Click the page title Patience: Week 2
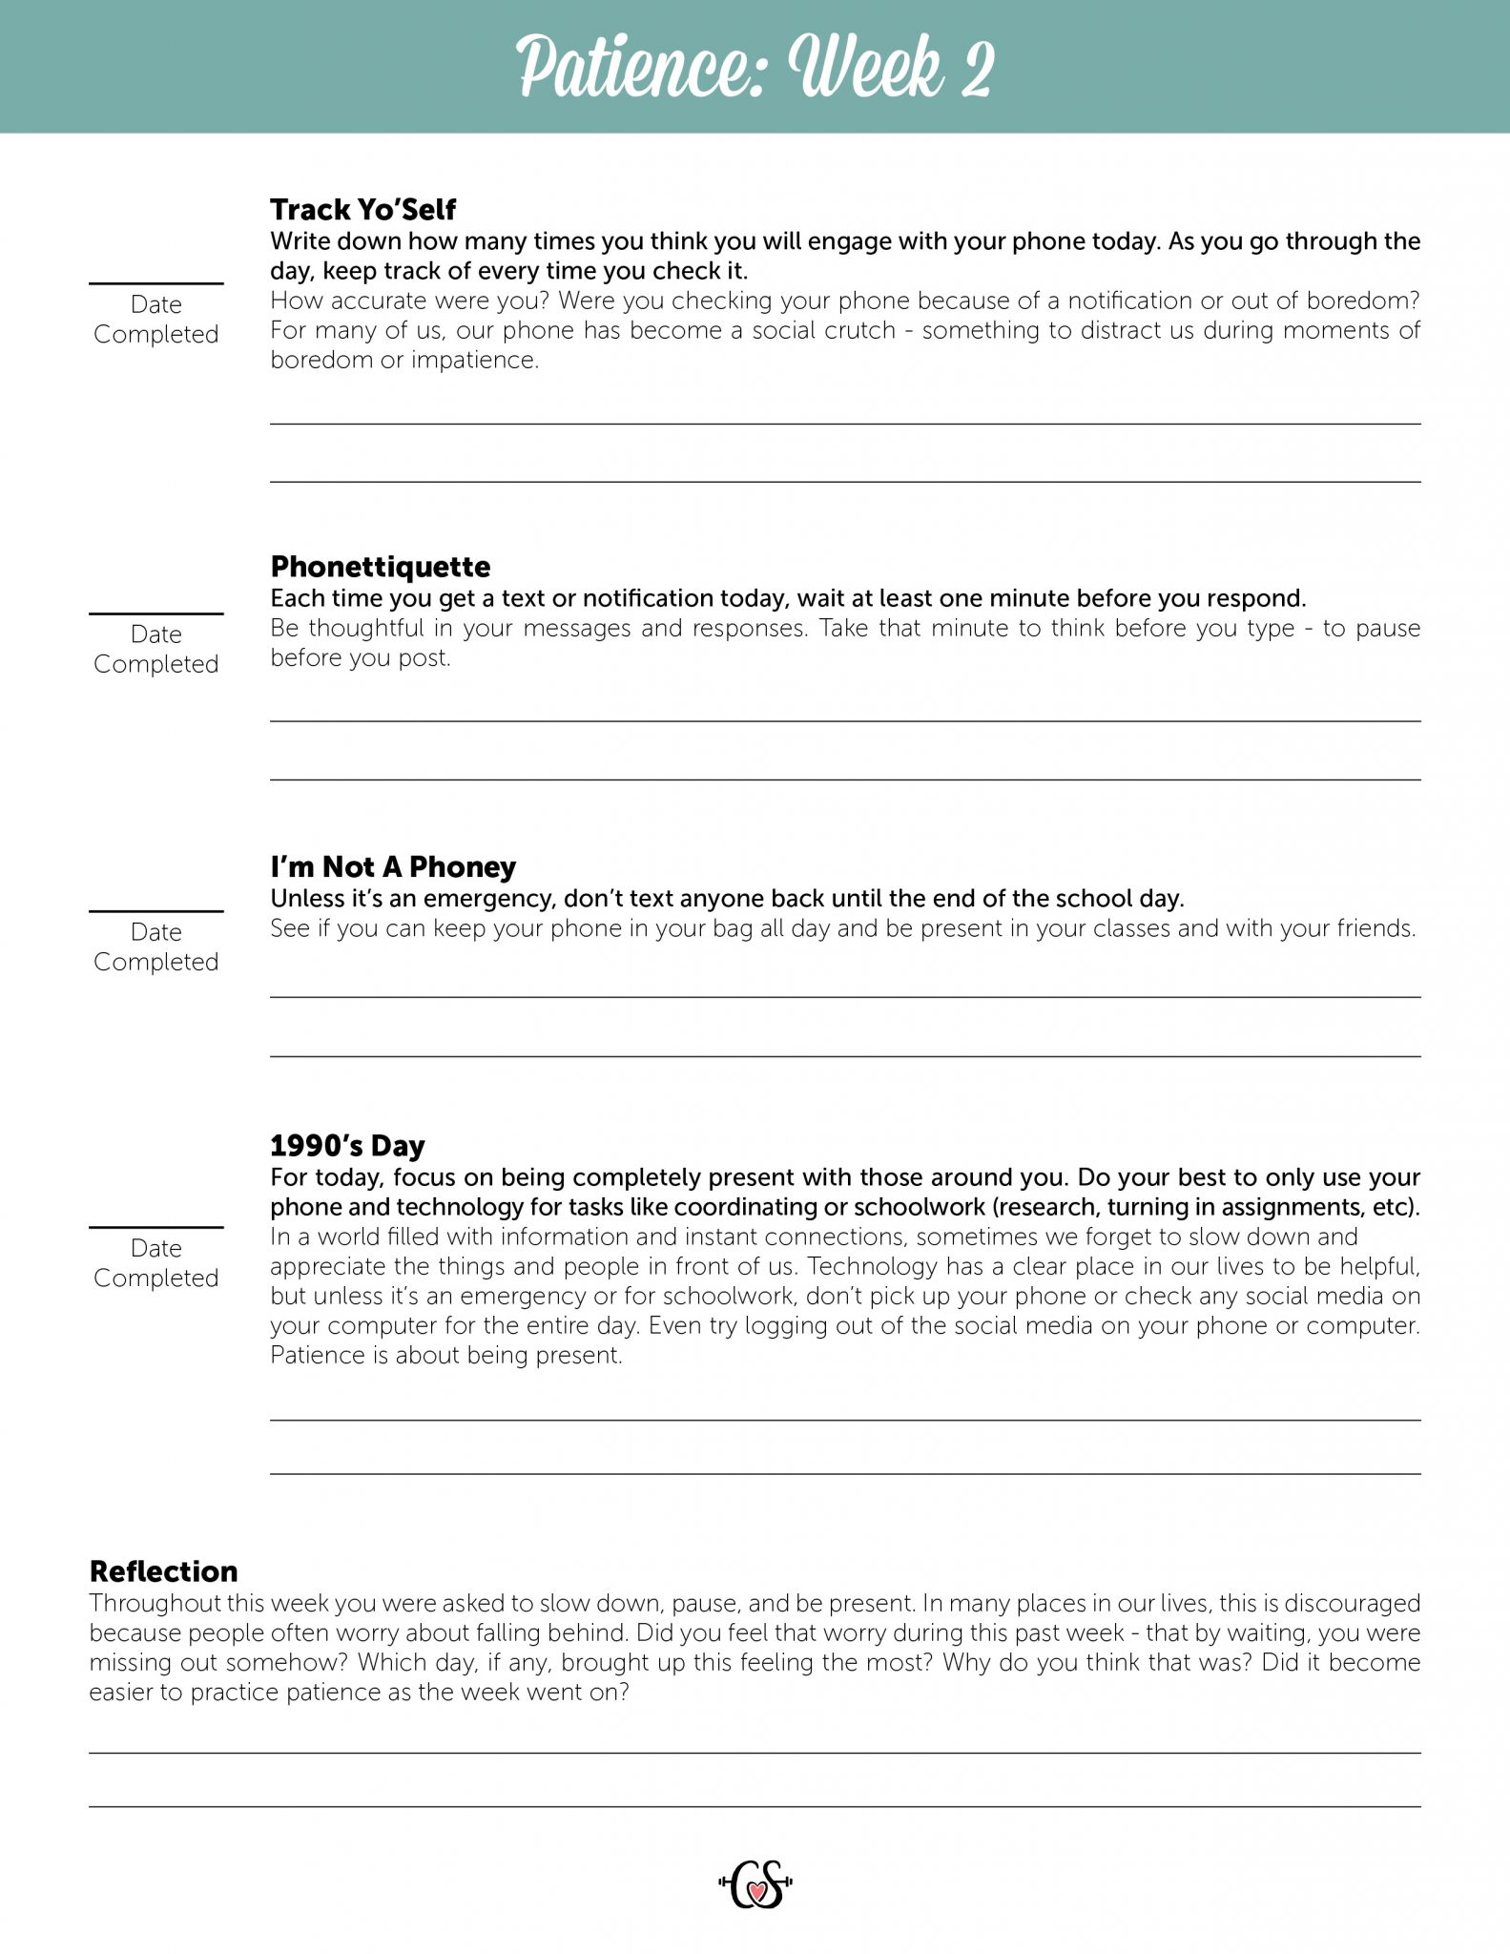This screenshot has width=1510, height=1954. pos(755,67)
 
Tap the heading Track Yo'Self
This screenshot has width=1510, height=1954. pos(362,209)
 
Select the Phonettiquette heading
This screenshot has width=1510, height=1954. pos(380,566)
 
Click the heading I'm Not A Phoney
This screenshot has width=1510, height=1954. pos(392,866)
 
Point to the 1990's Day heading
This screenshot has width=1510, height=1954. pos(347,1145)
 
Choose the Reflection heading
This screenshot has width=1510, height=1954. pos(163,1571)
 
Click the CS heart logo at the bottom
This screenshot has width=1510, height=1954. pos(755,1884)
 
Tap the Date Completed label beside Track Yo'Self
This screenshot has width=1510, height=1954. pos(156,319)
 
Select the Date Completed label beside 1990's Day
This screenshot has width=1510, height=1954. pos(156,1262)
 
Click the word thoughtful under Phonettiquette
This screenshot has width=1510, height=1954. pos(366,628)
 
